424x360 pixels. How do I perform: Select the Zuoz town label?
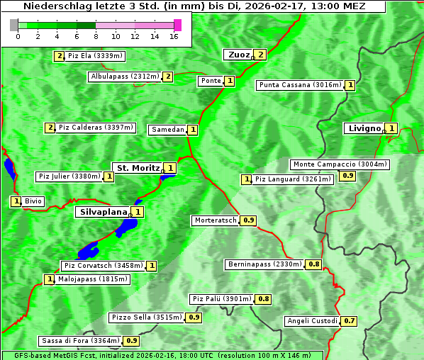pyautogui.click(x=238, y=55)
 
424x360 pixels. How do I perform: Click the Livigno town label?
pyautogui.click(x=363, y=128)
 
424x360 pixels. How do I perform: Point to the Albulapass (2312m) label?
pyautogui.click(x=125, y=77)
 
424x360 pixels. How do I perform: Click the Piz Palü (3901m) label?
pyautogui.click(x=221, y=299)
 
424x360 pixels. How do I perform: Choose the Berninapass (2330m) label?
pyautogui.click(x=264, y=264)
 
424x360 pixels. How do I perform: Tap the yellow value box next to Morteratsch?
pyautogui.click(x=248, y=220)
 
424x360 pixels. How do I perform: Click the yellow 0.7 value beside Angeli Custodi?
pyautogui.click(x=349, y=321)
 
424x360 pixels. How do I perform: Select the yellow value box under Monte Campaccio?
pyautogui.click(x=347, y=175)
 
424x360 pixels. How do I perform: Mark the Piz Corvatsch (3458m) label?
pyautogui.click(x=102, y=266)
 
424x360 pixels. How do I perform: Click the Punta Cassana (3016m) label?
pyautogui.click(x=300, y=85)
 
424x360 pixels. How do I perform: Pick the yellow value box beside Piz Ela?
pyautogui.click(x=60, y=56)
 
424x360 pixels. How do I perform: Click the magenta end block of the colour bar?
pyautogui.click(x=177, y=25)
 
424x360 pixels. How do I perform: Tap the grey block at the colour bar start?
pyautogui.click(x=14, y=25)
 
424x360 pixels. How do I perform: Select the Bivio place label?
pyautogui.click(x=33, y=201)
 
